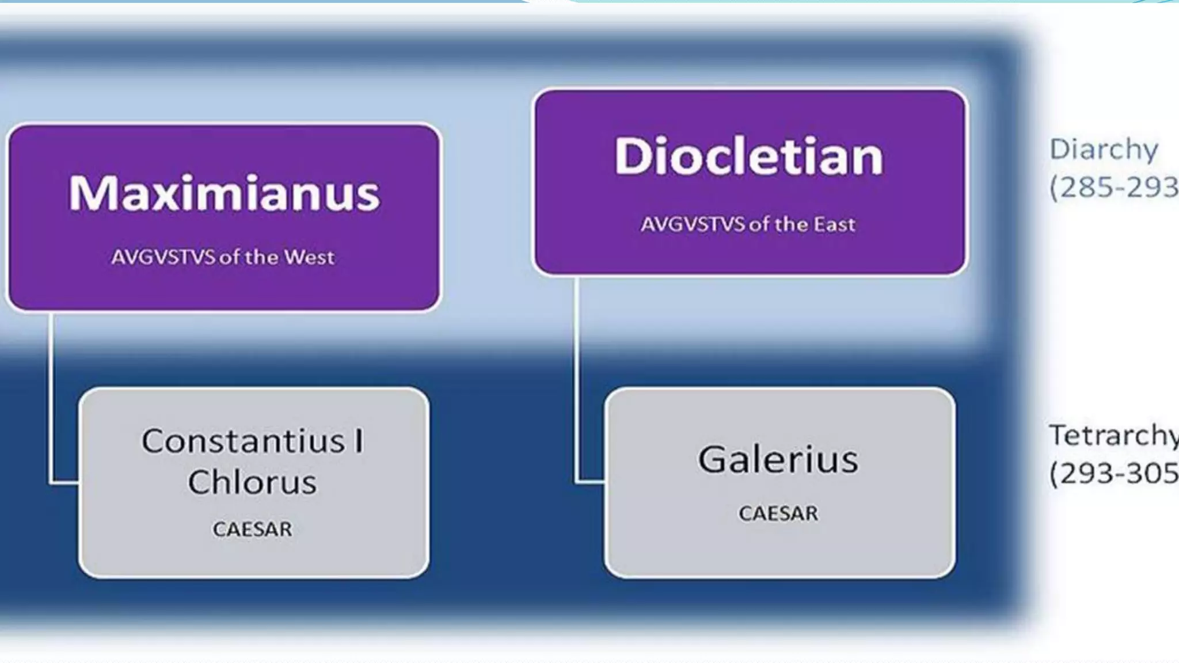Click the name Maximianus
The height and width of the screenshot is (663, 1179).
coord(224,193)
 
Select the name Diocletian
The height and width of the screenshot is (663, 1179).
coord(749,157)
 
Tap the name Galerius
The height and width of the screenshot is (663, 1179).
coord(778,460)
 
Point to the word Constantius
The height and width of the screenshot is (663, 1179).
coord(243,442)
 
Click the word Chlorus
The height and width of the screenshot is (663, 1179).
coord(252,482)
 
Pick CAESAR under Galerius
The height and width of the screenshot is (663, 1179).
coord(778,513)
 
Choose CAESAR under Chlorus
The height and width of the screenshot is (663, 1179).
coord(252,529)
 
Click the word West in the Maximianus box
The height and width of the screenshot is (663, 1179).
coord(309,257)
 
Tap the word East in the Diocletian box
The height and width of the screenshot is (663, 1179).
coord(834,224)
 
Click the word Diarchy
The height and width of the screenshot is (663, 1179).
coord(1104,150)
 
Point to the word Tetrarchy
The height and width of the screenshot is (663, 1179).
coord(1113,436)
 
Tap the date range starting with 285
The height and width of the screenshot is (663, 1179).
coord(1113,188)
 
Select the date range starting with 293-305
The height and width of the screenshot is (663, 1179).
coord(1113,474)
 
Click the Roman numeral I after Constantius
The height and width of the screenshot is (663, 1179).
coord(359,442)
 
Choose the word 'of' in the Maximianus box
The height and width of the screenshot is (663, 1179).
coord(230,257)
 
